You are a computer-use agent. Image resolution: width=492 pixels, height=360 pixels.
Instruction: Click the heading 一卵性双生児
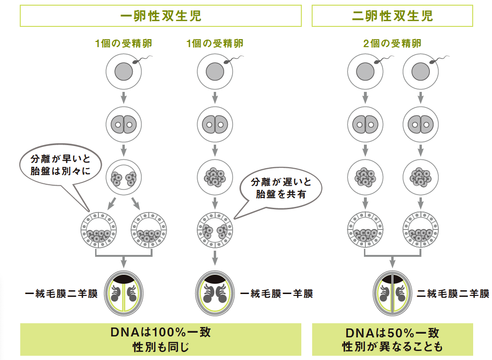[161, 16]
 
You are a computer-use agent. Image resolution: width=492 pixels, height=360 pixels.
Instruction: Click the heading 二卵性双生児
[392, 16]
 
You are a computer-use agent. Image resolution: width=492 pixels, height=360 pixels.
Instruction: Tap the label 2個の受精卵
[392, 44]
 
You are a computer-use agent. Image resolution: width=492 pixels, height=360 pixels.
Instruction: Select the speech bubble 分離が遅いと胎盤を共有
[280, 188]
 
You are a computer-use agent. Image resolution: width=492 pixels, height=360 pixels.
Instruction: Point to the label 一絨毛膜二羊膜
[61, 294]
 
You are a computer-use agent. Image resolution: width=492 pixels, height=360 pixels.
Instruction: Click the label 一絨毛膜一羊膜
[276, 294]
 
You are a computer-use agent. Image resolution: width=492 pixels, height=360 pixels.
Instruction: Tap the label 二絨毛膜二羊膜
[453, 294]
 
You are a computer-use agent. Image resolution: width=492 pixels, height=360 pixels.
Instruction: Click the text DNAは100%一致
[161, 332]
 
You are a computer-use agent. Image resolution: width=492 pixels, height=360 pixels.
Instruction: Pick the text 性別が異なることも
[392, 348]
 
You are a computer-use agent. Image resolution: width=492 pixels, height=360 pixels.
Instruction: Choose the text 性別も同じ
[161, 348]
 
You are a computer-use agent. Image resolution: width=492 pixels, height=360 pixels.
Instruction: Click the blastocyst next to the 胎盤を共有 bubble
[215, 230]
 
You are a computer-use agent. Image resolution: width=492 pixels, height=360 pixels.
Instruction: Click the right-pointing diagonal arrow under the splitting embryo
[136, 204]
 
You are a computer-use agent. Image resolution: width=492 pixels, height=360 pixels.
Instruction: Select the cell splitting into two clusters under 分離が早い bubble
[124, 178]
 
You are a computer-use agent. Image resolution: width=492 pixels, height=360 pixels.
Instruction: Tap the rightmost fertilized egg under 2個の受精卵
[421, 72]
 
